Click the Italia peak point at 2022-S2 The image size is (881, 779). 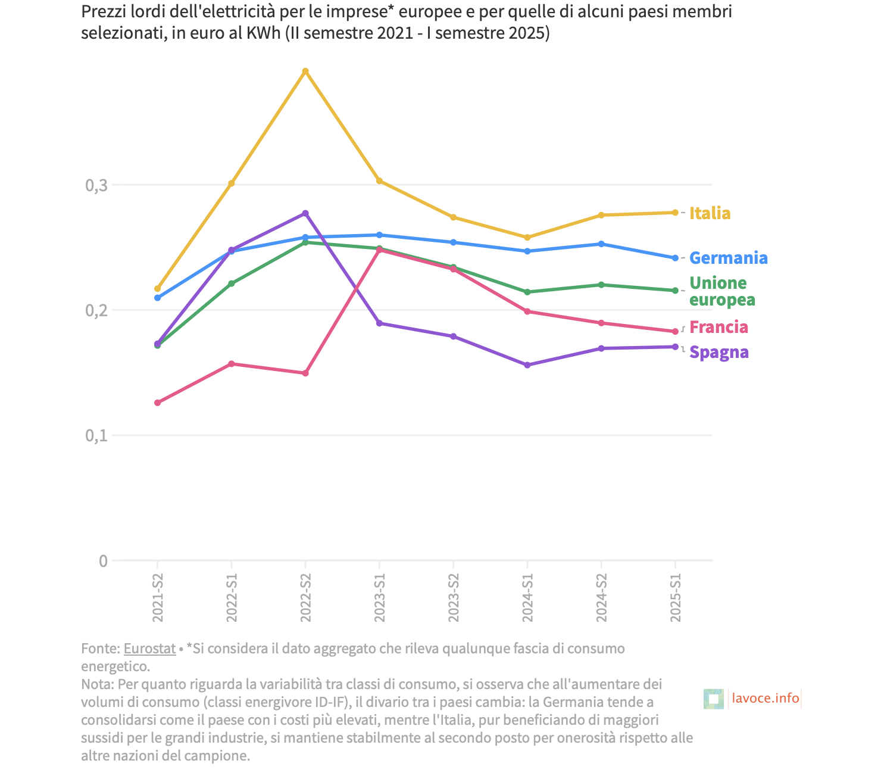(305, 71)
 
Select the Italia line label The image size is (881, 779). (710, 213)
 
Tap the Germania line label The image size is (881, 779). (728, 258)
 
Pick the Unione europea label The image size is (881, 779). (721, 291)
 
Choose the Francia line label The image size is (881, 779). (718, 327)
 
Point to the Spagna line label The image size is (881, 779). (718, 352)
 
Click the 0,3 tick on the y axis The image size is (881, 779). (96, 185)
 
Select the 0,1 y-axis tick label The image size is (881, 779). (96, 435)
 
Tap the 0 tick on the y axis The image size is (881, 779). (103, 560)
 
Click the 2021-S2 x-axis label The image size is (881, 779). (158, 599)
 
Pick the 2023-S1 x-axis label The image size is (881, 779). (380, 599)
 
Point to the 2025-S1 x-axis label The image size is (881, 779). (675, 599)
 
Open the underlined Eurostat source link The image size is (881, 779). (149, 649)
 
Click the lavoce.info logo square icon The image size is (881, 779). (713, 699)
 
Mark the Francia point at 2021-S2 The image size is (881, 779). (158, 403)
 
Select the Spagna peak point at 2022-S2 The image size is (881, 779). (305, 213)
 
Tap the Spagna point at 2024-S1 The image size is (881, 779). (527, 365)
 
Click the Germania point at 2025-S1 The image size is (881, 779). (675, 258)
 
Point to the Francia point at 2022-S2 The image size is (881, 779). (305, 373)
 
